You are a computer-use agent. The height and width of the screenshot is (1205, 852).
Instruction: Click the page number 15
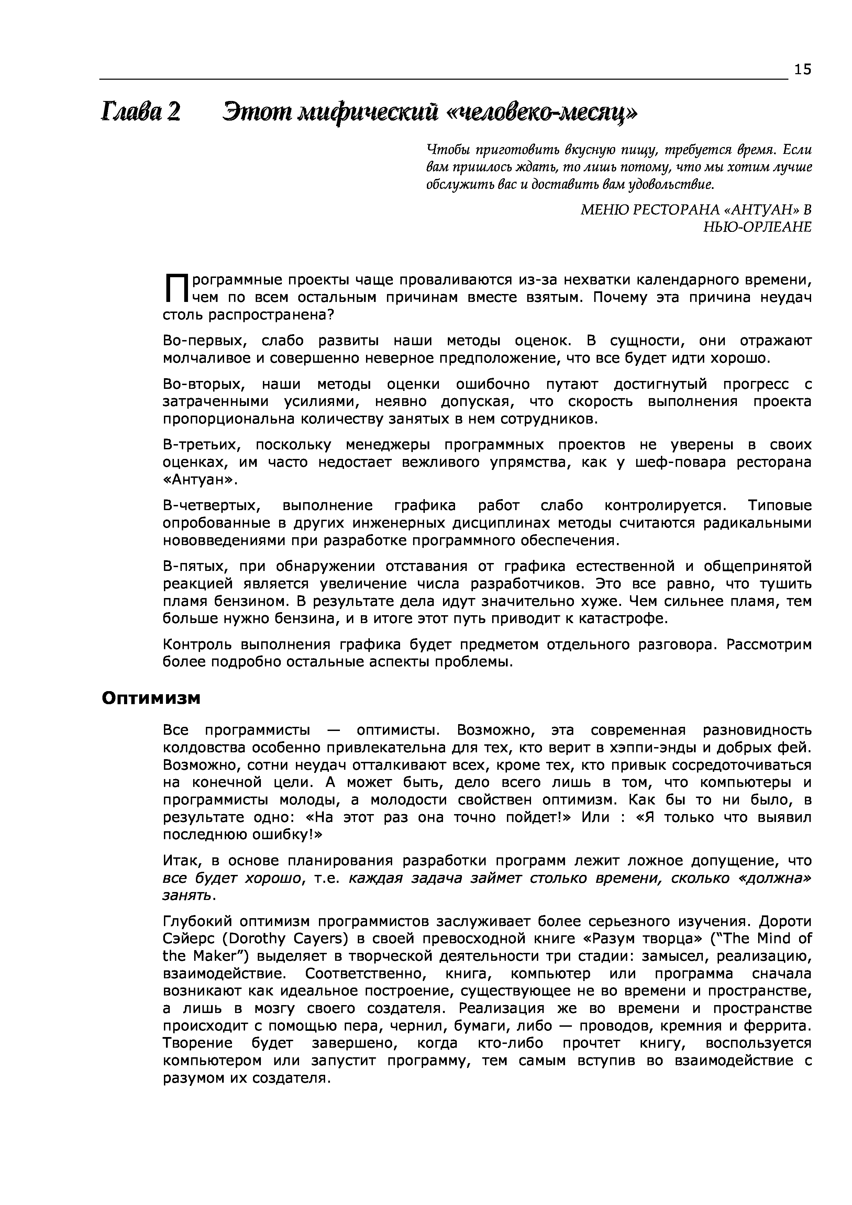click(x=803, y=69)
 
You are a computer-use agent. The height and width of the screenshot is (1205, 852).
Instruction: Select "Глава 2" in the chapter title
click(x=141, y=112)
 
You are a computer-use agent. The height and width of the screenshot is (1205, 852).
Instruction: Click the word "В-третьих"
click(x=202, y=445)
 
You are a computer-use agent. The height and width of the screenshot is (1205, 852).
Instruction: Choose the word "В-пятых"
click(x=194, y=566)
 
